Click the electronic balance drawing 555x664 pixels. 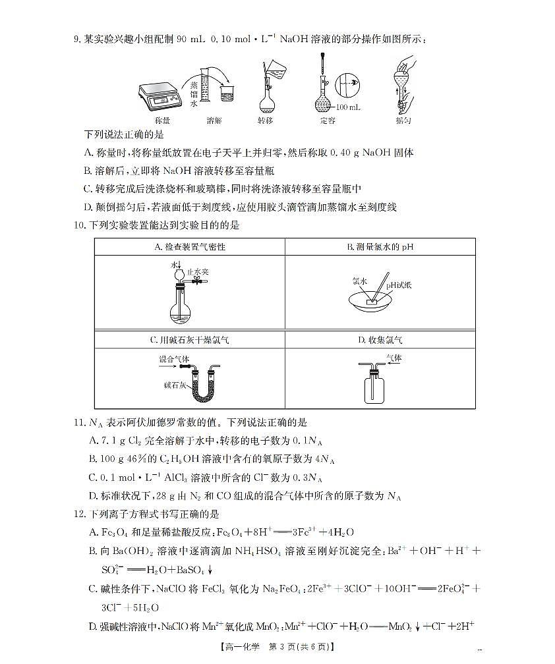click(161, 96)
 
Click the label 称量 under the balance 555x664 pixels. click(162, 121)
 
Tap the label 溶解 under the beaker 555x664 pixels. click(214, 121)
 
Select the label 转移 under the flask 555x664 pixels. click(265, 121)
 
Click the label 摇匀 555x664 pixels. click(403, 121)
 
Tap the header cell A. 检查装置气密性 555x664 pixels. click(190, 247)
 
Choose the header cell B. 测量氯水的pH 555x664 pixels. click(380, 247)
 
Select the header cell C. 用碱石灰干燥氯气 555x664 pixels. click(190, 340)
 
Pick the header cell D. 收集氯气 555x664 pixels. click(380, 340)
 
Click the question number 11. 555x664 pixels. click(78, 422)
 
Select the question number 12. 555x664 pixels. click(78, 513)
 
